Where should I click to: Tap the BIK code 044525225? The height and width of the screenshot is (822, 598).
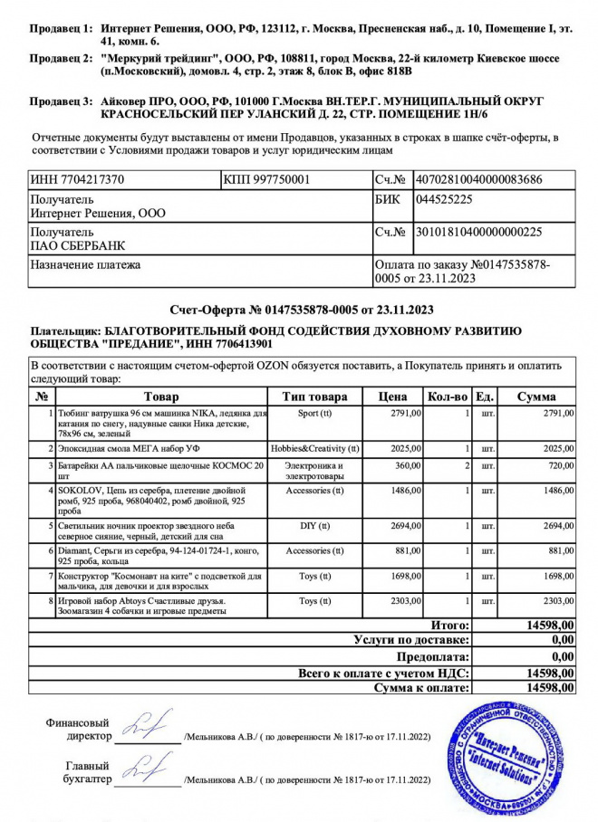(442, 198)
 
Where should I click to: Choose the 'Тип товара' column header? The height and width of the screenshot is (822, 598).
(314, 397)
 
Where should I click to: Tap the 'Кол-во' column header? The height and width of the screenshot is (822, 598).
(447, 397)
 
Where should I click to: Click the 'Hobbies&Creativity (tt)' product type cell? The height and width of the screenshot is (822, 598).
(314, 447)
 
